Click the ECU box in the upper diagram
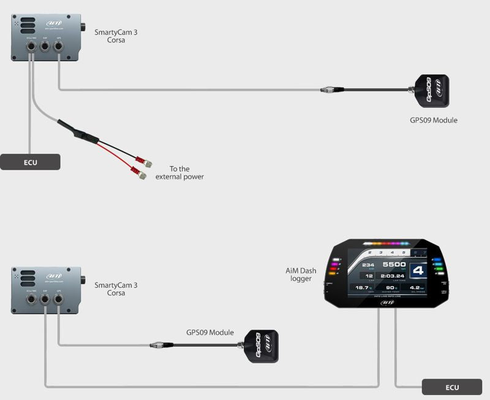(x=30, y=162)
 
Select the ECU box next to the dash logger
(x=452, y=387)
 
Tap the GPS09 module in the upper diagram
(x=432, y=89)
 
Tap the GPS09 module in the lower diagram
(x=261, y=346)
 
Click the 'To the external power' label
(x=179, y=173)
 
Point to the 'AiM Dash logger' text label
(x=298, y=274)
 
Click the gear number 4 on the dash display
(x=418, y=271)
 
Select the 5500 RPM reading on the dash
(x=394, y=265)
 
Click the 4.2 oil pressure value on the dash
(x=417, y=287)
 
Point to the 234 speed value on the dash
(x=367, y=265)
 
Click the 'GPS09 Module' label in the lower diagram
(x=210, y=333)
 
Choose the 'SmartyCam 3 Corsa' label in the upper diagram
(x=116, y=35)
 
